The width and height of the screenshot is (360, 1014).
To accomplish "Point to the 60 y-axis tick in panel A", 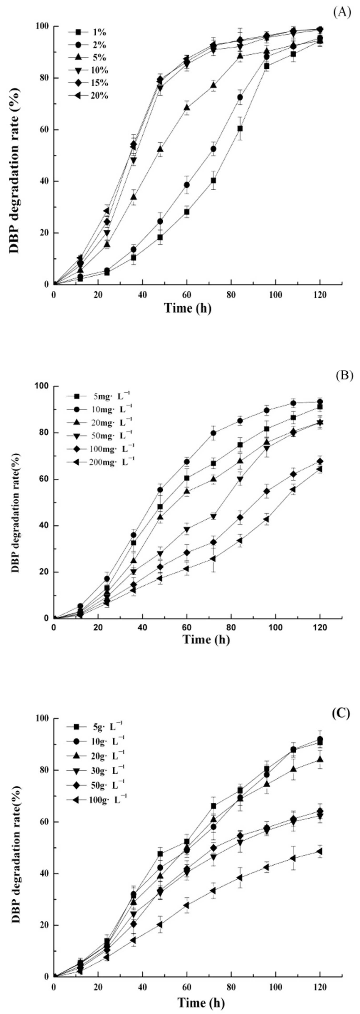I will point(43,130).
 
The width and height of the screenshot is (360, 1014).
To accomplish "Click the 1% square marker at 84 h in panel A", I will point(240,128).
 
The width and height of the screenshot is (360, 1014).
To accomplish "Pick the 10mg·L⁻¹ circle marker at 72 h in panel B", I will point(213,433).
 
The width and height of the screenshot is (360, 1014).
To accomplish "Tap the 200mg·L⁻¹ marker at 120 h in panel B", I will point(320,469).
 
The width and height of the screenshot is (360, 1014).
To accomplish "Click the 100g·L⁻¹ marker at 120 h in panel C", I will point(320,851).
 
